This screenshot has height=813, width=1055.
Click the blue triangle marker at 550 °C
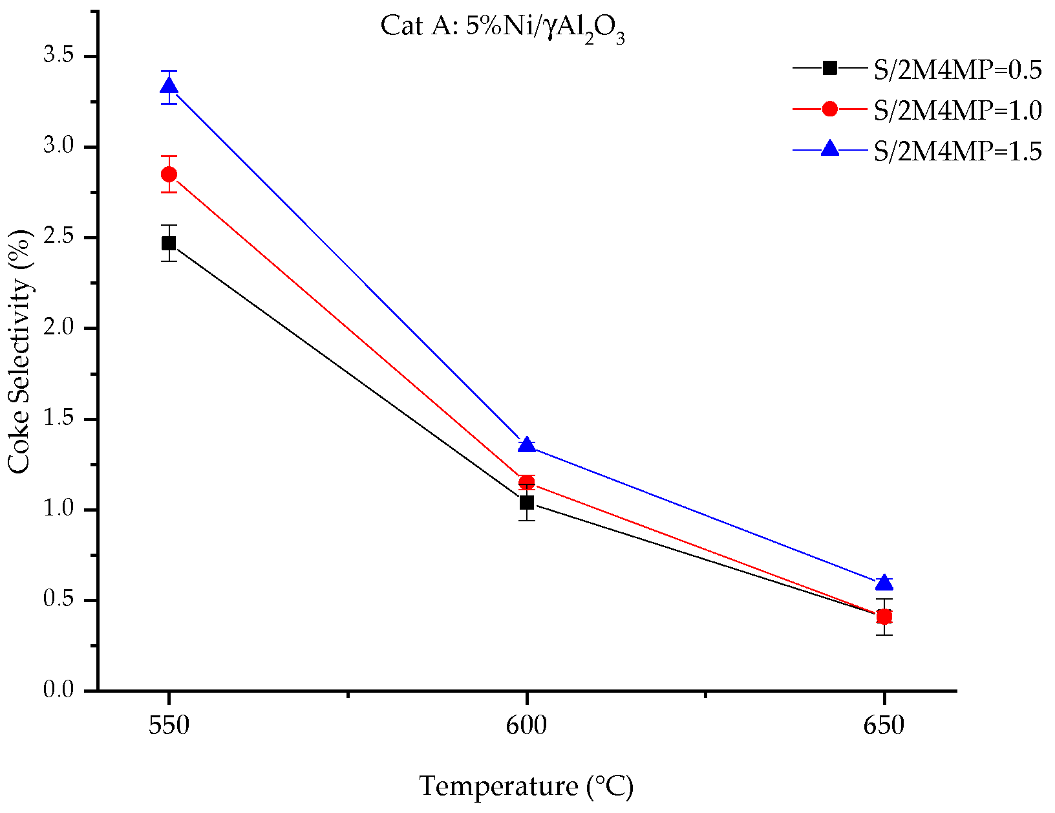(x=169, y=86)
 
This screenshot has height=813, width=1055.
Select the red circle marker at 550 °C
(x=169, y=174)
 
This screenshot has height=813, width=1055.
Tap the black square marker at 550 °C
(x=169, y=243)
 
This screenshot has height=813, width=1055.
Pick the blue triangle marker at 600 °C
(x=527, y=445)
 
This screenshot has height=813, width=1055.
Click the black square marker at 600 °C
(x=527, y=502)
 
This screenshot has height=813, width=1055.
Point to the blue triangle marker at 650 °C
(x=884, y=583)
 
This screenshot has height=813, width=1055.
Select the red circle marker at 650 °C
(x=884, y=616)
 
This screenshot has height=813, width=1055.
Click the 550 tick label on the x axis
(x=169, y=726)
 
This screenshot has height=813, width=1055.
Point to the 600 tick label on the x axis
(x=527, y=726)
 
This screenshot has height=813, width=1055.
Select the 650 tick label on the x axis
(x=884, y=726)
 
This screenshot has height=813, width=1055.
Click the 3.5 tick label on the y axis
(x=60, y=56)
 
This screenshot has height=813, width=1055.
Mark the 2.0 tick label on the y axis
(x=60, y=328)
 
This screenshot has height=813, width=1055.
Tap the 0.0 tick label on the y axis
(x=60, y=690)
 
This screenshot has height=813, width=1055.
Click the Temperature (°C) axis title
(x=526, y=786)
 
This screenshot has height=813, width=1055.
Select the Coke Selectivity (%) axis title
(x=20, y=352)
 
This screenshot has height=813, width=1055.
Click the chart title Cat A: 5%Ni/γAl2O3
(x=503, y=27)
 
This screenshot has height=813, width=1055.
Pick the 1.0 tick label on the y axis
(x=60, y=509)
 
